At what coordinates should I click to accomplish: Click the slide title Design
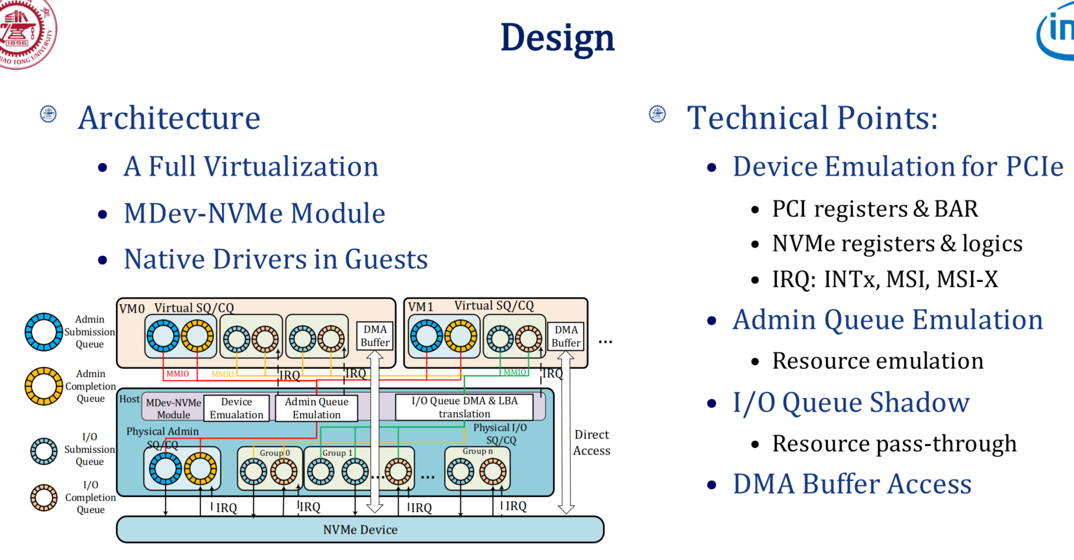click(557, 38)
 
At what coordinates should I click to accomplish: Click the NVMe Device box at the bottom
click(360, 529)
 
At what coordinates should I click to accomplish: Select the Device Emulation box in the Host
click(237, 408)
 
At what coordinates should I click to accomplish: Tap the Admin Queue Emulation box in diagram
click(316, 408)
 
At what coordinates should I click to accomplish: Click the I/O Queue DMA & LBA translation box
click(464, 407)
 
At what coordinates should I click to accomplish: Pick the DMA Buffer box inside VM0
click(375, 336)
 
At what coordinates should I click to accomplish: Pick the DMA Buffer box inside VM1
click(566, 336)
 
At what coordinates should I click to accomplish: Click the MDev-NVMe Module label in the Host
click(173, 408)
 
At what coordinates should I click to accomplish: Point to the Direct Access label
click(591, 442)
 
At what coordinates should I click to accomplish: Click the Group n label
click(477, 451)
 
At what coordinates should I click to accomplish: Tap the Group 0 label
click(274, 453)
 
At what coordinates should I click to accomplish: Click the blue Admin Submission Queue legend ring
click(44, 332)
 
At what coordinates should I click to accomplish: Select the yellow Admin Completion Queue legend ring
click(44, 386)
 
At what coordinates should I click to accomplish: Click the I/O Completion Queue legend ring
click(44, 498)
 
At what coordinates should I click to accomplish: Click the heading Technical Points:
click(812, 118)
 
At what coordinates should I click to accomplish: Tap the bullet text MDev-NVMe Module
click(254, 213)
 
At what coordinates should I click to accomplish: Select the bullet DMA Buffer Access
click(851, 484)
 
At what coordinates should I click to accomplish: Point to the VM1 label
click(421, 307)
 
